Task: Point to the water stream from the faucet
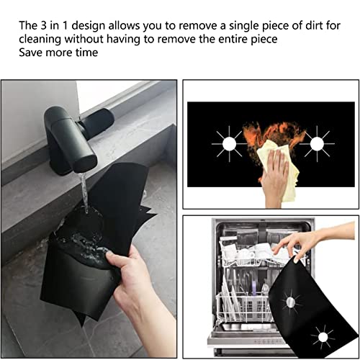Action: click(x=85, y=194)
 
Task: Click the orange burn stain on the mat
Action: click(x=270, y=133)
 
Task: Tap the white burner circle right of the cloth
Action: click(x=315, y=144)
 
